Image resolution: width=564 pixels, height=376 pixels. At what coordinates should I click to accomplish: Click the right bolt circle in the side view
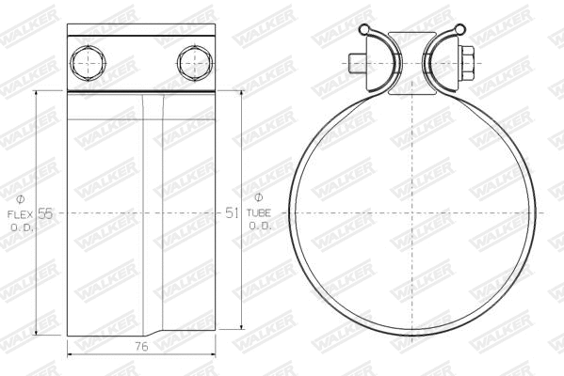pos(192,62)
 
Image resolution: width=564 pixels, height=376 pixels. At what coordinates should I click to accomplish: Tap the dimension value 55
pos(45,213)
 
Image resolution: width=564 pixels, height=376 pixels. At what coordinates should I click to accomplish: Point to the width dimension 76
pos(142,347)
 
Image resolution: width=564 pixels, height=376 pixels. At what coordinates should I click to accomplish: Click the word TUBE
pos(259,213)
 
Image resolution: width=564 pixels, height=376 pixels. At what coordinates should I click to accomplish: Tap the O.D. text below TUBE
pos(259,227)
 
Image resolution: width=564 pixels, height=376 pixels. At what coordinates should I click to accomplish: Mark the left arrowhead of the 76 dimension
pos(72,353)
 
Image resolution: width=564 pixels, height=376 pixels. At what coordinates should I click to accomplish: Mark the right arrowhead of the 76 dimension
pos(214,353)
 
